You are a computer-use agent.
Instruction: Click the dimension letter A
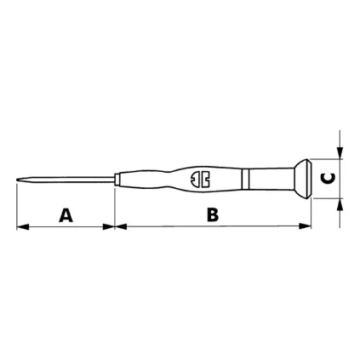66,215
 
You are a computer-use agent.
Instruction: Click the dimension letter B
213,214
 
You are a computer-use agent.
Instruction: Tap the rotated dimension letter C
328,178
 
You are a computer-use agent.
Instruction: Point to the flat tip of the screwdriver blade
17,180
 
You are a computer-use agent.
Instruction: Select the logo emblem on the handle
200,180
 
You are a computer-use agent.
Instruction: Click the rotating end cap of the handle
302,179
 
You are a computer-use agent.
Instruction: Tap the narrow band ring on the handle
245,179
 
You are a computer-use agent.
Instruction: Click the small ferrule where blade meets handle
117,180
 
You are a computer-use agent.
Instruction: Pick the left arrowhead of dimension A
23,226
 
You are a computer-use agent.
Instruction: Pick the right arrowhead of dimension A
109,226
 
